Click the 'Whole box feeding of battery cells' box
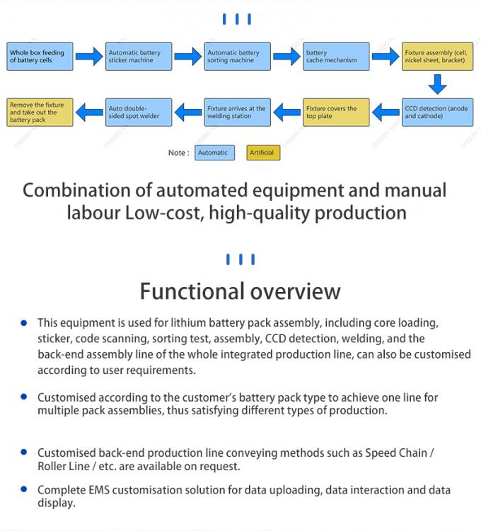tap(40, 57)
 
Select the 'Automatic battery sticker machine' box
tap(139, 57)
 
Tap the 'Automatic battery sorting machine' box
tap(238, 57)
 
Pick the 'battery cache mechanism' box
tap(336, 57)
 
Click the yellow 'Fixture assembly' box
tap(435, 57)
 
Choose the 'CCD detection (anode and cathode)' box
tap(435, 112)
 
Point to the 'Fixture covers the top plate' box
tap(336, 112)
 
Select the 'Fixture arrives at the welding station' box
tap(238, 112)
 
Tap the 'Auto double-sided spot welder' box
tap(139, 112)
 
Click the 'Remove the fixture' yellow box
tap(40, 112)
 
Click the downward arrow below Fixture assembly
tap(437, 84)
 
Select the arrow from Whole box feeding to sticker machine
tap(89, 57)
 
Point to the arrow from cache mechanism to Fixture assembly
tap(386, 57)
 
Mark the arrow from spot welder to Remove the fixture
tap(89, 111)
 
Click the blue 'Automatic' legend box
tap(214, 153)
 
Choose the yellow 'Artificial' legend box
tap(262, 153)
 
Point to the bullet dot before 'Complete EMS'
tap(24, 489)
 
